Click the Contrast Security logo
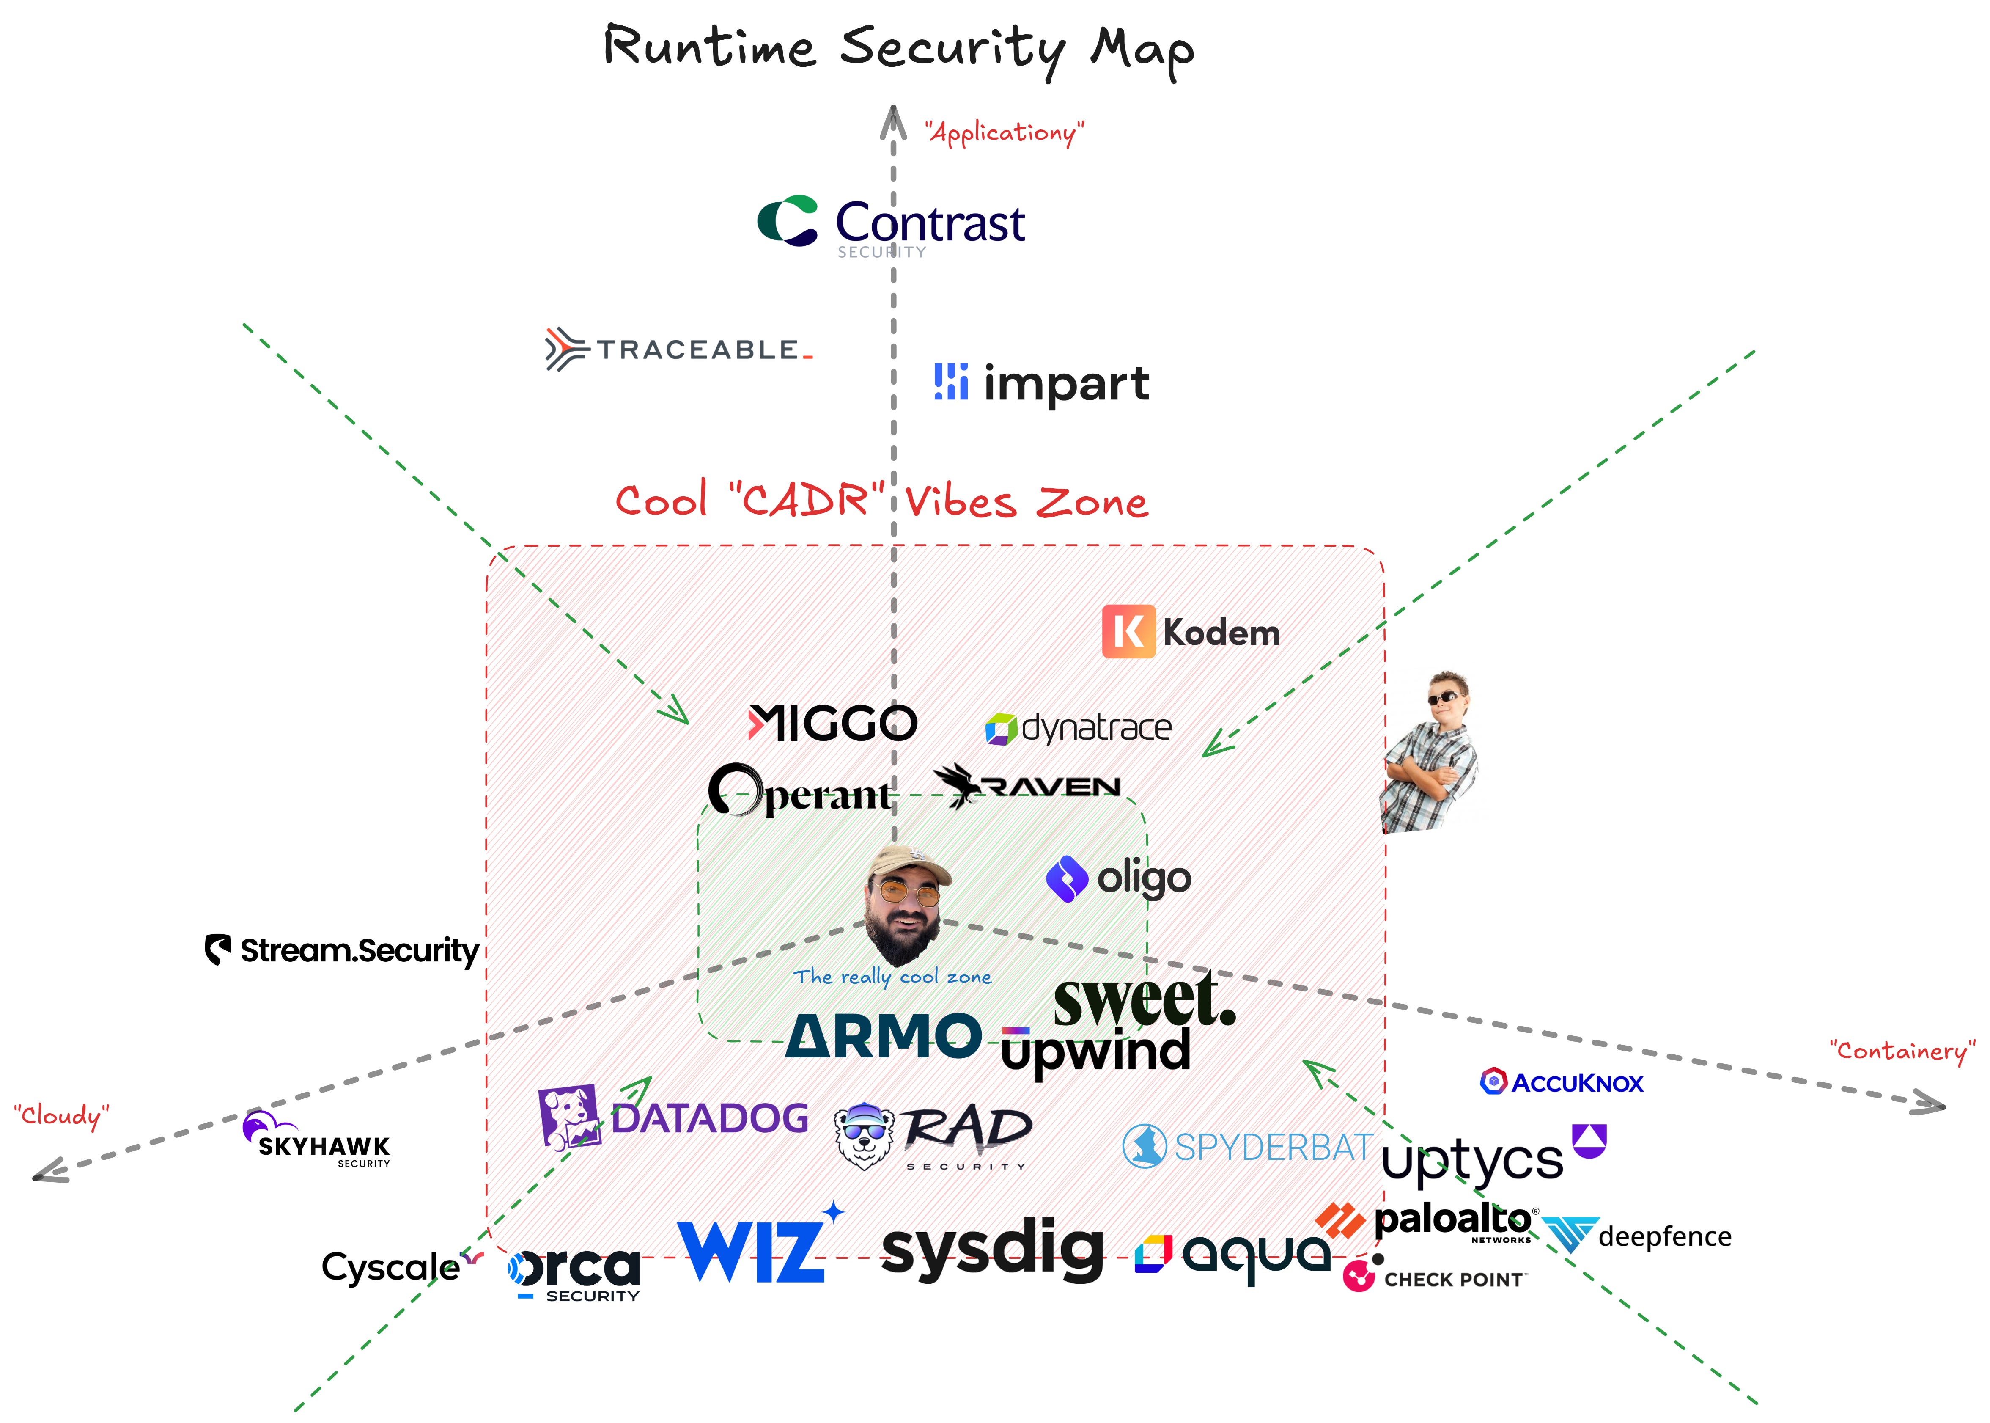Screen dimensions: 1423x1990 (891, 224)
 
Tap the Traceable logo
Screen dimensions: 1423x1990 (679, 350)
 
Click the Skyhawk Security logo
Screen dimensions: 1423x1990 (317, 1141)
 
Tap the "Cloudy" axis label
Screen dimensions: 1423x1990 (61, 1115)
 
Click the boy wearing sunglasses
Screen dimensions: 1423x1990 (1430, 752)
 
